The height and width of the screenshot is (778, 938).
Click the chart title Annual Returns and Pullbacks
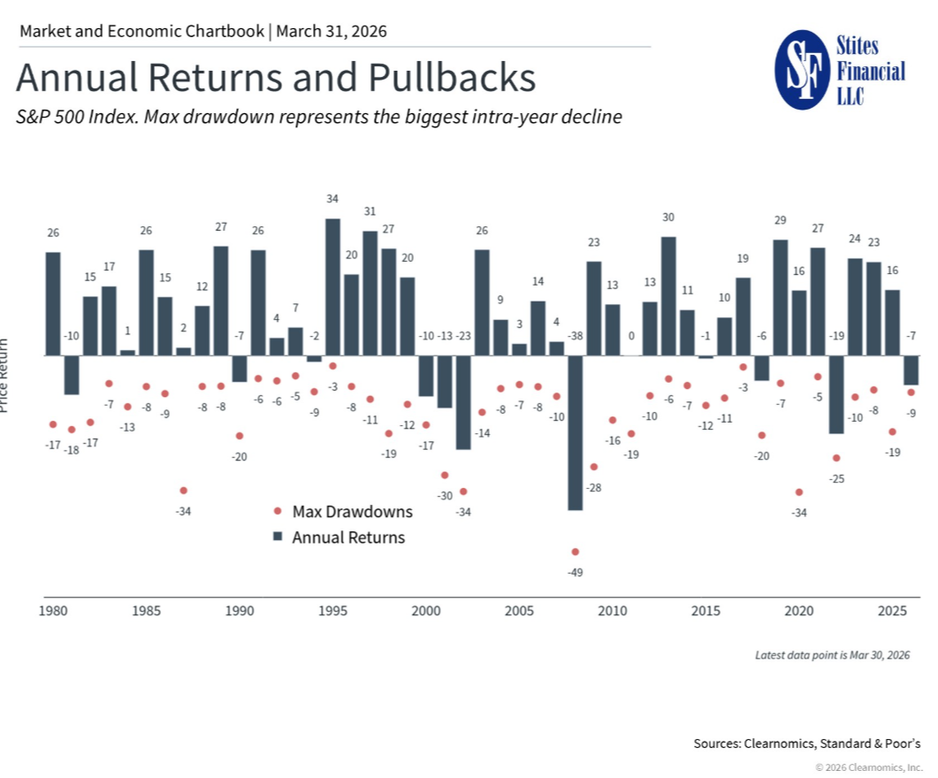(276, 78)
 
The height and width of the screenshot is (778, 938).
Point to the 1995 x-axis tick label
(332, 611)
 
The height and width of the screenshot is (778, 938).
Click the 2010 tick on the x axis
(612, 611)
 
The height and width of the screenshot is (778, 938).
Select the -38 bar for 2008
(575, 432)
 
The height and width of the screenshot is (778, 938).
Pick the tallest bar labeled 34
(332, 286)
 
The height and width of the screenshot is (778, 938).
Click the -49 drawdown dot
(576, 552)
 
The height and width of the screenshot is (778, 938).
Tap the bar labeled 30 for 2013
(668, 296)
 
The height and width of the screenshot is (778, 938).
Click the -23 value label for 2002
(463, 336)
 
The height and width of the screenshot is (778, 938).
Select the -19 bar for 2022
(836, 394)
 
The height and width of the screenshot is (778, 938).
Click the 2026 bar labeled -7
(911, 370)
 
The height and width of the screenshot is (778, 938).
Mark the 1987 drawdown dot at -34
(183, 491)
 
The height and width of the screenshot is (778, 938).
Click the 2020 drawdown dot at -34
(799, 492)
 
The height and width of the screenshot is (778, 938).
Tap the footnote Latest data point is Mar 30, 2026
(832, 655)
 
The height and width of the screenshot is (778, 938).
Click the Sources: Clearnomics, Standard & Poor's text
(806, 744)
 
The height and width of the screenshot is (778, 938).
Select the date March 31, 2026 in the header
(332, 32)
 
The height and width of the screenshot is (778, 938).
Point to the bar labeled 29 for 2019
(780, 297)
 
